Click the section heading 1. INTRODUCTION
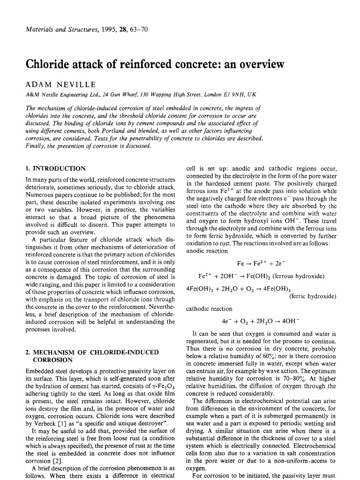click(x=55, y=168)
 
